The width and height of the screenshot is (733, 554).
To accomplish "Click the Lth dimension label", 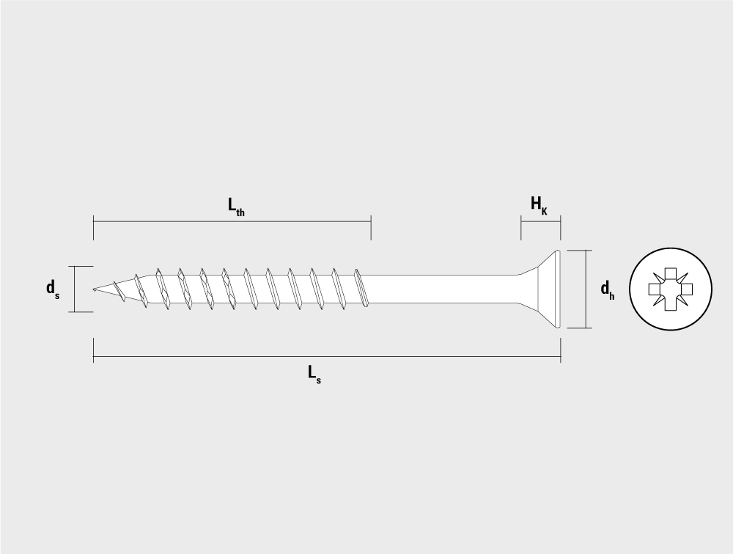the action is point(236,206).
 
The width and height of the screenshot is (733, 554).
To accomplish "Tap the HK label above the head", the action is point(539,204).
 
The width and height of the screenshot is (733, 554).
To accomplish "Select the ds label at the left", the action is point(52,289).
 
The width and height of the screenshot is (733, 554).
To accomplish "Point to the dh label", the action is point(607,289).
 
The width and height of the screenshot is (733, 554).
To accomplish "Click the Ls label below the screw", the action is point(314,374).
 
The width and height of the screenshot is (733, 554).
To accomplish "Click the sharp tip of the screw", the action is point(94,289).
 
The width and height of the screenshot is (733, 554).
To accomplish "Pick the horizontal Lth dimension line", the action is point(232,221).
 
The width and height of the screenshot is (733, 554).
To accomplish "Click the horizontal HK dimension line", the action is point(541,221).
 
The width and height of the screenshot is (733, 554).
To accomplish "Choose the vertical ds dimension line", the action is point(74,289).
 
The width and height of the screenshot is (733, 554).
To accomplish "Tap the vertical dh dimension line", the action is point(586,289).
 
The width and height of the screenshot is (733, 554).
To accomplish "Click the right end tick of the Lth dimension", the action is point(371,228).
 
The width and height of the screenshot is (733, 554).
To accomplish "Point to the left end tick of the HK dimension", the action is point(521,228).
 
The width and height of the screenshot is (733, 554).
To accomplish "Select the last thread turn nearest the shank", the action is point(361,288).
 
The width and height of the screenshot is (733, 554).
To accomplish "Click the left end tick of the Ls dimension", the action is point(94,350).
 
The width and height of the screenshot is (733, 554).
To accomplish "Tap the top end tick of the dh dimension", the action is point(580,250).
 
